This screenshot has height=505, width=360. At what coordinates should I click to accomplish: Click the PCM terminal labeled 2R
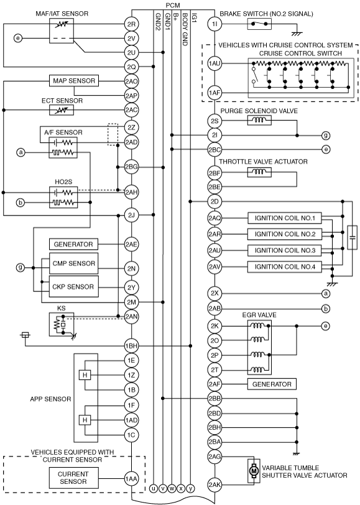tap(131, 24)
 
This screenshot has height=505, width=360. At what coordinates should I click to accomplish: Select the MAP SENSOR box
tap(74, 81)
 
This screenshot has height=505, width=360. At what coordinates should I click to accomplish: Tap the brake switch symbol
tap(259, 24)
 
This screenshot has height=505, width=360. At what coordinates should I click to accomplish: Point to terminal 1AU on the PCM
tap(215, 63)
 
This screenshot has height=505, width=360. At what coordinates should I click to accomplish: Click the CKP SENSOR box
tap(73, 286)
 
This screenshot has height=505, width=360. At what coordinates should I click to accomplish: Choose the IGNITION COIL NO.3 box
tap(285, 250)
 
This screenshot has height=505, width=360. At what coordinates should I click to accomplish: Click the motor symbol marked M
tap(253, 471)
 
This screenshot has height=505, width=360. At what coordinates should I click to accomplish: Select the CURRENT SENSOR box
tap(73, 478)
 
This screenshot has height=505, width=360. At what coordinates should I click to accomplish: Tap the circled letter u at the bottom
tap(154, 488)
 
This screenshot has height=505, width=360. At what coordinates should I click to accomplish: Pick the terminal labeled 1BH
tap(131, 346)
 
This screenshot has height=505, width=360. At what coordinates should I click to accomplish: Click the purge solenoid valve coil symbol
tap(259, 121)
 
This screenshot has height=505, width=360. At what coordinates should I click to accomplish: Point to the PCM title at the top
tap(173, 5)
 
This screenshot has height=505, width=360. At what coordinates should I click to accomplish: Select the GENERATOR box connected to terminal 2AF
tap(272, 384)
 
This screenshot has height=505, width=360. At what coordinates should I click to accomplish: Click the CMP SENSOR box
tap(73, 263)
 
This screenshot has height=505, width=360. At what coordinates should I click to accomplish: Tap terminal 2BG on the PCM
tap(131, 167)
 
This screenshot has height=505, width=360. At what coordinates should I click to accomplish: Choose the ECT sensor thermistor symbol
tap(62, 110)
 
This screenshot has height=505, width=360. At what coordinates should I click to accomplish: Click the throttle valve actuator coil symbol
tap(259, 173)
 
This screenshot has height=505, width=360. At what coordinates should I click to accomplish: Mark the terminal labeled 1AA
tap(131, 479)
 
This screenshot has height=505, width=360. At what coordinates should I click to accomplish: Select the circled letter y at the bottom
tap(191, 488)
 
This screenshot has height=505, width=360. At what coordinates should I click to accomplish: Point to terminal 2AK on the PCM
tap(215, 485)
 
